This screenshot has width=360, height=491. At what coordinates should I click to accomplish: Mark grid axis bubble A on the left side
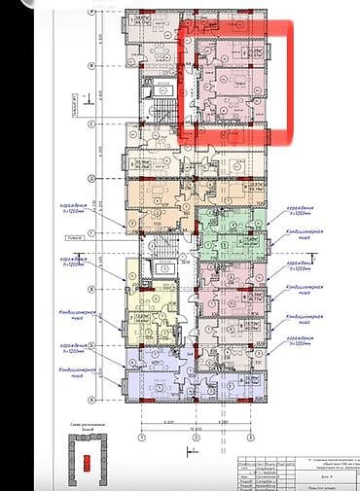[x=90, y=400]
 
